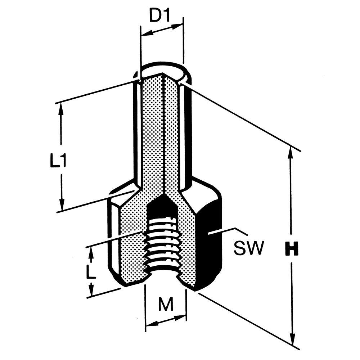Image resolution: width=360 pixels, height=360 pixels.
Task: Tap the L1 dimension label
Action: (x=58, y=160)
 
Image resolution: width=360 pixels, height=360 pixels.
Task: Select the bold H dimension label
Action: (x=292, y=248)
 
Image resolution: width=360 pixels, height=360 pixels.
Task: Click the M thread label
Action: (x=166, y=304)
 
